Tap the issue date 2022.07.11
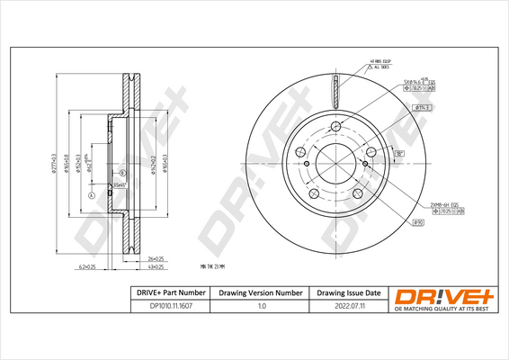(x=347, y=306)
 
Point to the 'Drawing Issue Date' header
(x=347, y=292)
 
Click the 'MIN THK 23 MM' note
(x=212, y=265)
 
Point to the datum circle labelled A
(x=91, y=195)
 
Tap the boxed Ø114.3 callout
(x=421, y=107)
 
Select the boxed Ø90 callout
(x=417, y=220)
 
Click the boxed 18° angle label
(x=399, y=154)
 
